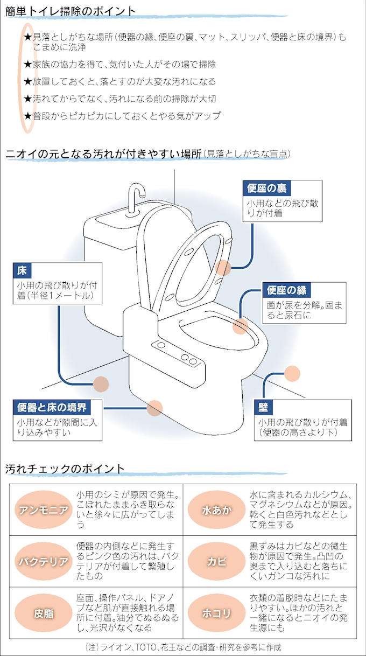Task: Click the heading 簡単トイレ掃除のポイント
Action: coord(70,11)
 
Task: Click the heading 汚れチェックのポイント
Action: coord(65,469)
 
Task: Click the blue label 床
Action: coord(22,270)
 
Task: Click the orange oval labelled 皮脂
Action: coord(44,613)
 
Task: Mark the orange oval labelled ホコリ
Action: coord(217,613)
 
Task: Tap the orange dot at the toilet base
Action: coord(154,408)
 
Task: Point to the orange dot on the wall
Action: coord(292,373)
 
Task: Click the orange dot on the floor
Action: coord(101,384)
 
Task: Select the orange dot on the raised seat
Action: coord(223,268)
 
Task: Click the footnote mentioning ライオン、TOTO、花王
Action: coord(183,647)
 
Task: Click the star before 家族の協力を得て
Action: coord(28,64)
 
